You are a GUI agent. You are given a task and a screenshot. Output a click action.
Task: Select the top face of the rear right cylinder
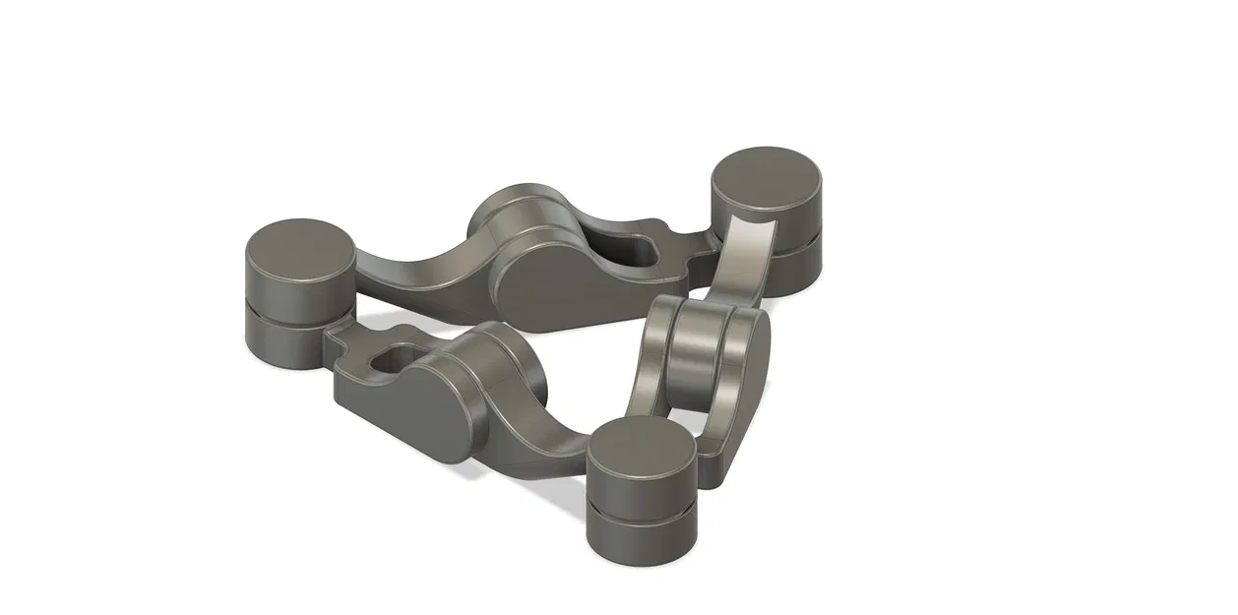pos(766,175)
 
